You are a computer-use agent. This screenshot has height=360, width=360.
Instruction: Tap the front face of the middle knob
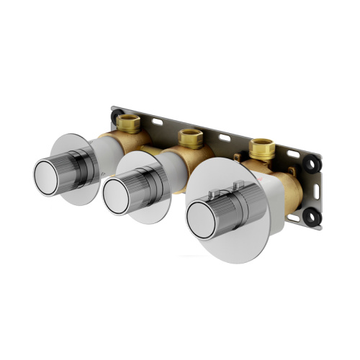point(119,192)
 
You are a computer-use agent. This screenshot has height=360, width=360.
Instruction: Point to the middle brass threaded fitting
point(190,136)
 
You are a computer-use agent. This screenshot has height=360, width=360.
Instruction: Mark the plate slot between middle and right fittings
point(225,138)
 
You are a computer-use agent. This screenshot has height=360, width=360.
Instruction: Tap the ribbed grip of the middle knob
point(148,184)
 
